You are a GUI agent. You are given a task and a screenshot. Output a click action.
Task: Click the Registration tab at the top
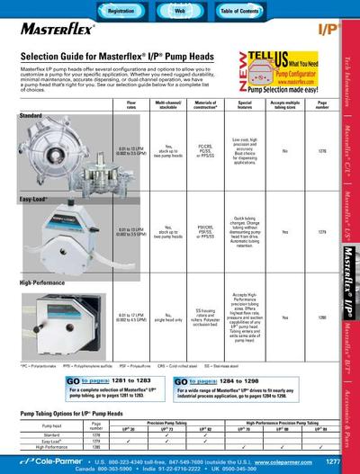click(121, 9)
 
